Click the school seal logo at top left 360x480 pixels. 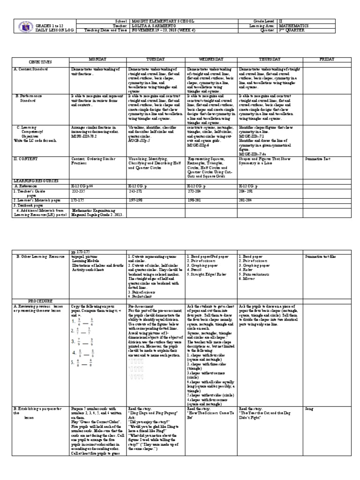click(x=19, y=25)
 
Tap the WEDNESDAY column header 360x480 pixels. click(x=211, y=60)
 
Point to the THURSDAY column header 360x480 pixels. click(x=269, y=60)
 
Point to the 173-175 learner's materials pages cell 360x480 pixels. click(x=79, y=199)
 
